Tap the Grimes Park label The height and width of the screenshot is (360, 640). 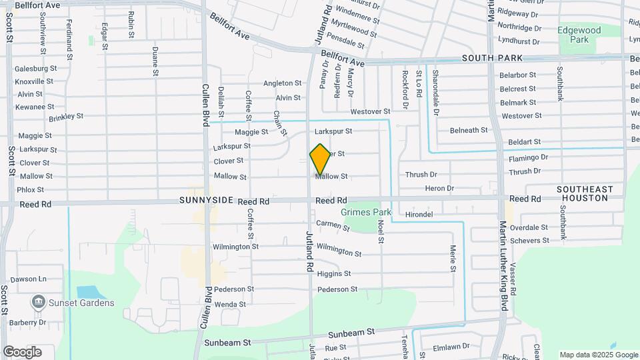[x=366, y=213]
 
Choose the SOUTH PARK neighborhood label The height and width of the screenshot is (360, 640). [x=486, y=59]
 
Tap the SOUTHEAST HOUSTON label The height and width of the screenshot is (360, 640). [x=585, y=194]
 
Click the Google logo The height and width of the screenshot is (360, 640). [x=22, y=352]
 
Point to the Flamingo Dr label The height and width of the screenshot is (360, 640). [x=528, y=158]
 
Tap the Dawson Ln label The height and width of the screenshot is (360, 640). [x=29, y=279]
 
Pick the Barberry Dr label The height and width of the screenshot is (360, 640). [x=29, y=323]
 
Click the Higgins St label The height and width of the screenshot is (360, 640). [x=333, y=274]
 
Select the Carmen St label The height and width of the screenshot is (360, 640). [x=333, y=226]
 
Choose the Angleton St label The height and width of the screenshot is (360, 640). [x=282, y=83]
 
